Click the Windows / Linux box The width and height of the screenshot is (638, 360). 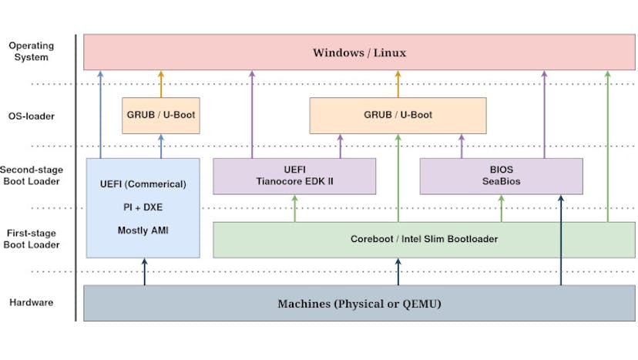[x=359, y=52]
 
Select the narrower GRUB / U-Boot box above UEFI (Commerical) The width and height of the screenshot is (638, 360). [x=161, y=115]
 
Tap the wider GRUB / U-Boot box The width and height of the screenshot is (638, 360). [x=398, y=115]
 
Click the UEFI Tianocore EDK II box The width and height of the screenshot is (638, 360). [x=294, y=176]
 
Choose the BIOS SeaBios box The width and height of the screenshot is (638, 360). [x=501, y=176]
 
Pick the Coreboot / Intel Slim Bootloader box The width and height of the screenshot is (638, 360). [x=424, y=239]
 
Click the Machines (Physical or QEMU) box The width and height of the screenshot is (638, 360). [x=359, y=303]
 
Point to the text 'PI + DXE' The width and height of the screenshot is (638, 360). [x=143, y=208]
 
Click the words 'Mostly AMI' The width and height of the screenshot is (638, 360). [x=143, y=230]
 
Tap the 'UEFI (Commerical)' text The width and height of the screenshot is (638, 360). [x=143, y=185]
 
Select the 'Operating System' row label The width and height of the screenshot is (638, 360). [x=32, y=52]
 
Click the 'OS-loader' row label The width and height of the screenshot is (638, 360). [x=32, y=116]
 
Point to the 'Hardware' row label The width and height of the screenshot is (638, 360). [x=32, y=302]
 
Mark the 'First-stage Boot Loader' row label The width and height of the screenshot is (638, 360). [x=32, y=239]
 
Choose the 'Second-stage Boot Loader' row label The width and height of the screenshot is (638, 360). [x=32, y=176]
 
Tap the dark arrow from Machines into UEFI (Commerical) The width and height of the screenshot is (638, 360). [x=144, y=271]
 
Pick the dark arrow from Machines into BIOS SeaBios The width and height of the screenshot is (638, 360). [x=561, y=239]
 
